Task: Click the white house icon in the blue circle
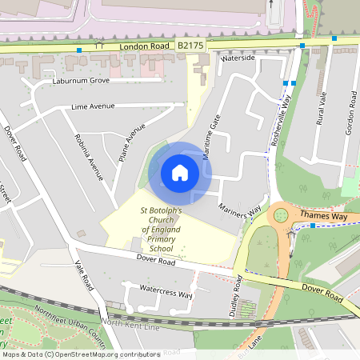[x=180, y=172]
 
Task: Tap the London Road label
[x=146, y=47]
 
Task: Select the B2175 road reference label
[x=190, y=47]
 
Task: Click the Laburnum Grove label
[x=81, y=81]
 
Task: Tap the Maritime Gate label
[x=211, y=136]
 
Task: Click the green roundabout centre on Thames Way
[x=281, y=214]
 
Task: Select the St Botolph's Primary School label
[x=161, y=230]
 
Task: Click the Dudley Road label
[x=238, y=297]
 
